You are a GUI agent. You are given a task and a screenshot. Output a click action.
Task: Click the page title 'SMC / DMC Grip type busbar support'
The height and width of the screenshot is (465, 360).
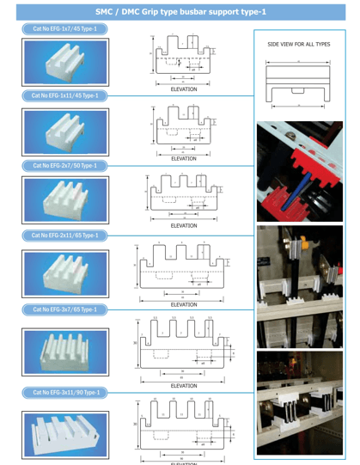[x=180, y=11]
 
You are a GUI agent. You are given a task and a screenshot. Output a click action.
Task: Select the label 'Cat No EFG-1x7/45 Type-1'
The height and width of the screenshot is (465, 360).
[x=64, y=29]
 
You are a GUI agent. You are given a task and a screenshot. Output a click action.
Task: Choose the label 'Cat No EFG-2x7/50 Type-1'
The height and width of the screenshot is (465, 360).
[x=64, y=164]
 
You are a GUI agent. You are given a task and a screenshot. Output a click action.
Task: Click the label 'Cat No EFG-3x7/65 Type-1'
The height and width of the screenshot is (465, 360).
[x=64, y=308]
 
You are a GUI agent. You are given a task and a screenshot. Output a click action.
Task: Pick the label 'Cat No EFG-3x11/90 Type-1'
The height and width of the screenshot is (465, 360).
[x=64, y=392]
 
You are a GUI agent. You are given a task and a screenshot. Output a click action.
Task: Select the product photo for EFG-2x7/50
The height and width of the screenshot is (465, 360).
[x=64, y=199]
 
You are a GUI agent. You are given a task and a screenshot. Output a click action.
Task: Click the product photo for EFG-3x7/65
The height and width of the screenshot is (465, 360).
[x=64, y=350]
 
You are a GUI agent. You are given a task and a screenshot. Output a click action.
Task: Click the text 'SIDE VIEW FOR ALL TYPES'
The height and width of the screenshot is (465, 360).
[x=300, y=45]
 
